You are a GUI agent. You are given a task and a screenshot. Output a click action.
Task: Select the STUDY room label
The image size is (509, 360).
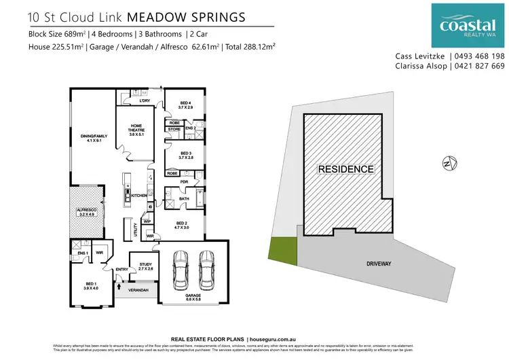[x=145, y=266]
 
